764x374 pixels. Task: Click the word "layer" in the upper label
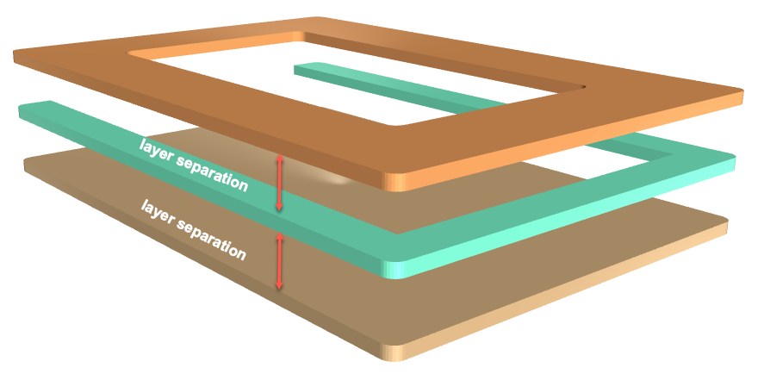click(154, 149)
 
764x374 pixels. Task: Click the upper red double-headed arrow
click(279, 183)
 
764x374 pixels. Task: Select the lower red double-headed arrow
click(279, 261)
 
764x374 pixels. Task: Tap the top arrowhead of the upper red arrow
click(279, 158)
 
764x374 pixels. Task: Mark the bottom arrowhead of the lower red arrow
click(279, 286)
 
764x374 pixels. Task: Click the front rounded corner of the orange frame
click(395, 181)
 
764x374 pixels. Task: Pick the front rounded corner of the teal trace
click(395, 269)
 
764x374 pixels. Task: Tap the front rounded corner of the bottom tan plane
click(395, 352)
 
